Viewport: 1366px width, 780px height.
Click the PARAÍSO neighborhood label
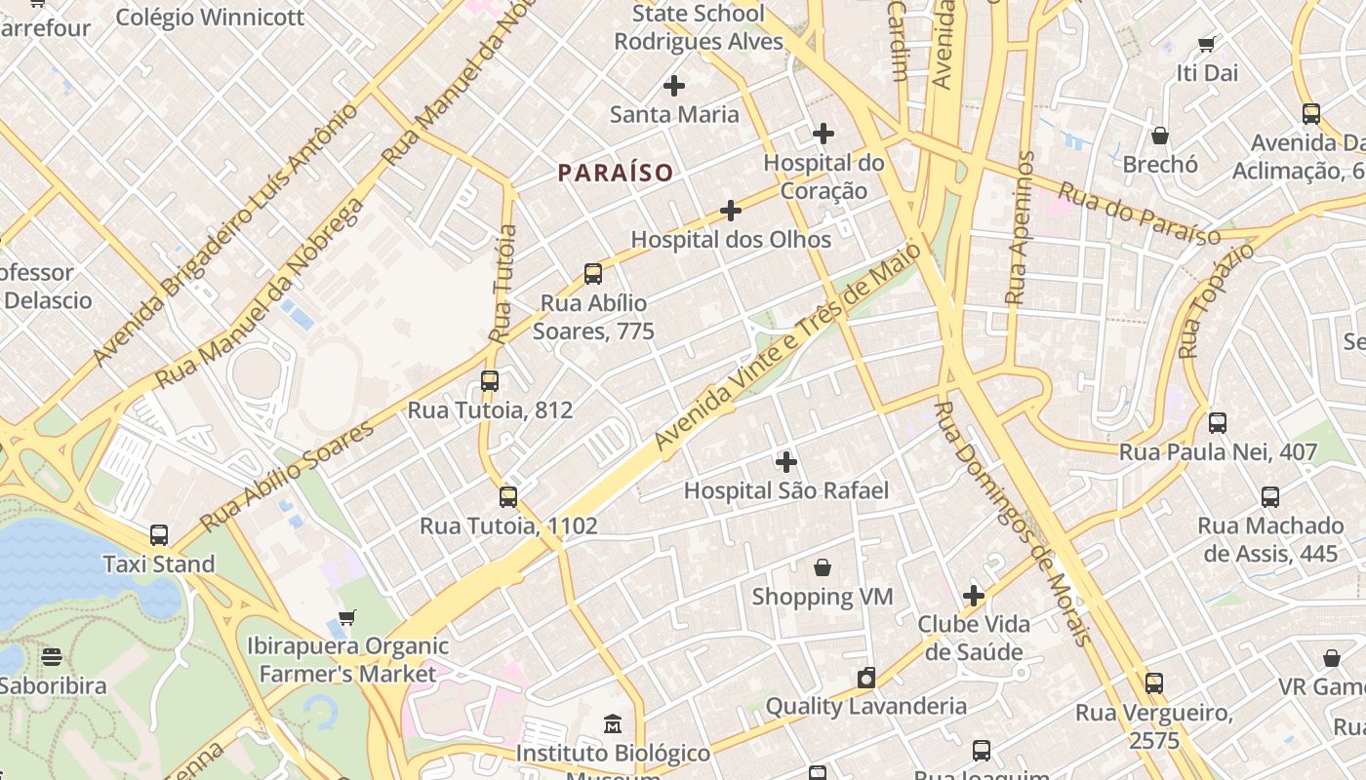click(616, 173)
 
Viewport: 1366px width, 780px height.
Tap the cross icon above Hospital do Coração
click(824, 133)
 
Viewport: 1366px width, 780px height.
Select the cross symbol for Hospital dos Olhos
click(731, 210)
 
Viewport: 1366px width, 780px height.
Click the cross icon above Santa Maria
click(674, 86)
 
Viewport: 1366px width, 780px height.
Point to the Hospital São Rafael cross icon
click(786, 461)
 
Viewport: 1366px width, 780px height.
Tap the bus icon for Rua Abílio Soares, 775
click(593, 273)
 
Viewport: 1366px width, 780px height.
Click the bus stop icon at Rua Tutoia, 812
click(490, 380)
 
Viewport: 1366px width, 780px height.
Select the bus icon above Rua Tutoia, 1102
click(508, 496)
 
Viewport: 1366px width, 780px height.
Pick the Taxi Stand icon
click(159, 534)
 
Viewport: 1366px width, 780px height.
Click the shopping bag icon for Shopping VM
click(823, 567)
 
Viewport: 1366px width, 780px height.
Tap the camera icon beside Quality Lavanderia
click(865, 678)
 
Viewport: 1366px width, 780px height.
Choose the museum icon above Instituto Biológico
click(613, 724)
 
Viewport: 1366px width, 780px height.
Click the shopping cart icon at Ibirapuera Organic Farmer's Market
click(347, 617)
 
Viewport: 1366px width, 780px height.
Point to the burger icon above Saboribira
click(52, 656)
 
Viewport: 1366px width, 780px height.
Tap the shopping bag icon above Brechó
click(1160, 135)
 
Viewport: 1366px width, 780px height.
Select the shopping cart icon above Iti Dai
click(1207, 44)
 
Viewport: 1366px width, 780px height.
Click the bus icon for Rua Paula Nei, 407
click(1218, 422)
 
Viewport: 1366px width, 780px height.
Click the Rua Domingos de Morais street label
click(1011, 524)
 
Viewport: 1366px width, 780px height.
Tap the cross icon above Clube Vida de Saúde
click(974, 595)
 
